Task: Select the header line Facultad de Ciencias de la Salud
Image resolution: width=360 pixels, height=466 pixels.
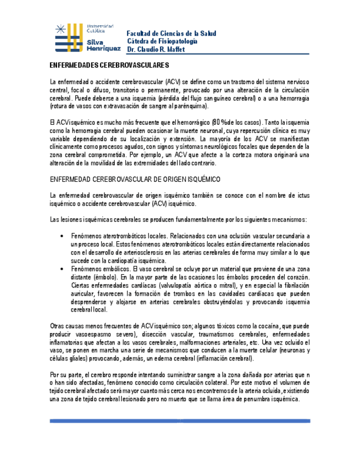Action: [x=171, y=34]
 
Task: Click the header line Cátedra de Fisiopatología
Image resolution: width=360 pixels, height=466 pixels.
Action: [x=162, y=41]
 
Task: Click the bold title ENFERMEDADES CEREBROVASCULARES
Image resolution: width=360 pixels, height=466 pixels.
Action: [x=105, y=65]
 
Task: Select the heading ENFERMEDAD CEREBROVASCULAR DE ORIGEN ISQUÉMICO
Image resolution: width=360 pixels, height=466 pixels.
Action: [x=135, y=180]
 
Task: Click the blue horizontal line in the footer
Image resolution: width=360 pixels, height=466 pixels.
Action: [x=180, y=421]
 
